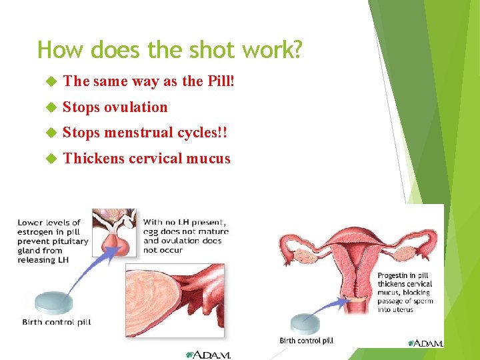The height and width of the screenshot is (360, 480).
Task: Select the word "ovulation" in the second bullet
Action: [136, 107]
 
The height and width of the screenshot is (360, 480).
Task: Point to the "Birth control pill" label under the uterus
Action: [306, 341]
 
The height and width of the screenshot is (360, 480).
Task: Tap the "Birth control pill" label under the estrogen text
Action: [57, 322]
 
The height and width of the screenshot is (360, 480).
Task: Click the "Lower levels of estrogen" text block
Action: [53, 241]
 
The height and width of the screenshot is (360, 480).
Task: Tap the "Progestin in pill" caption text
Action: [405, 292]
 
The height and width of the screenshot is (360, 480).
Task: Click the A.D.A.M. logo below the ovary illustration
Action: [209, 355]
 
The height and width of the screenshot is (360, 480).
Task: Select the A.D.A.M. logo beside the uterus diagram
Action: [425, 343]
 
